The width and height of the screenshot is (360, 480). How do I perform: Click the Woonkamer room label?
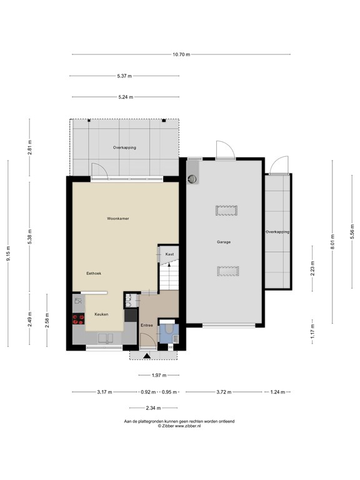pyautogui.click(x=118, y=219)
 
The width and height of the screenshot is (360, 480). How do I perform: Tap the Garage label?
pyautogui.click(x=224, y=242)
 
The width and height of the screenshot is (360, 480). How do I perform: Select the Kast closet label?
pyautogui.click(x=169, y=254)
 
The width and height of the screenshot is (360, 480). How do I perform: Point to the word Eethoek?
pyautogui.click(x=94, y=273)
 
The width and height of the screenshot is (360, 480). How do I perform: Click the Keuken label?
pyautogui.click(x=101, y=314)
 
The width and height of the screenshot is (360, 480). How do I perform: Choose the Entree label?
pyautogui.click(x=147, y=326)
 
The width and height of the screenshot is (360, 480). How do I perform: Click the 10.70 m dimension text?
pyautogui.click(x=181, y=54)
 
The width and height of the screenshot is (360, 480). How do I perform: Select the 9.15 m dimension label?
pyautogui.click(x=8, y=254)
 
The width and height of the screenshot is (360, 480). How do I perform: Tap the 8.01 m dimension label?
pyautogui.click(x=332, y=241)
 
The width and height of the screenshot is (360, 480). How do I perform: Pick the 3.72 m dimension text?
pyautogui.click(x=224, y=392)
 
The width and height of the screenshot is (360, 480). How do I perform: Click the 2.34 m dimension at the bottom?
pyautogui.click(x=153, y=408)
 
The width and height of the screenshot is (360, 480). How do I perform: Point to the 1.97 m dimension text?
pyautogui.click(x=159, y=375)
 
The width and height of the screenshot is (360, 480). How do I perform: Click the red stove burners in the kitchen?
pyautogui.click(x=78, y=319)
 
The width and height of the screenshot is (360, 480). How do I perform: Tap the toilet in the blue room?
pyautogui.click(x=169, y=329)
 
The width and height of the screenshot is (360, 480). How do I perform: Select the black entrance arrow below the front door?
pyautogui.click(x=147, y=356)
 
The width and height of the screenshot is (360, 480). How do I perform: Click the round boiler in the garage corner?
pyautogui.click(x=192, y=179)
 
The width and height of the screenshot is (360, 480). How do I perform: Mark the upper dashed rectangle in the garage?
pyautogui.click(x=226, y=211)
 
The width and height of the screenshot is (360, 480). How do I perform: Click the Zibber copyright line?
pyautogui.click(x=179, y=426)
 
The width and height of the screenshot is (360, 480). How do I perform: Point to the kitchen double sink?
pyautogui.click(x=105, y=339)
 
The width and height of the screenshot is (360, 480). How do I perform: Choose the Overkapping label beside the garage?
pyautogui.click(x=277, y=232)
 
